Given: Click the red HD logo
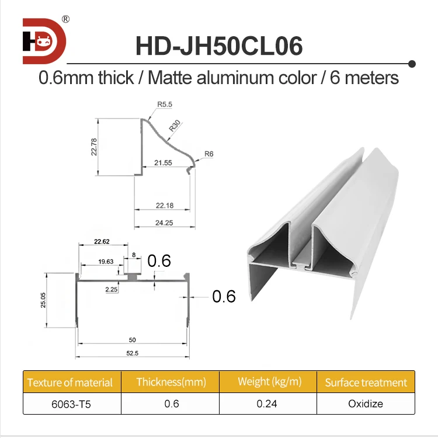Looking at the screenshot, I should click(44, 41).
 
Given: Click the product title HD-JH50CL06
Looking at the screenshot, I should click(219, 46).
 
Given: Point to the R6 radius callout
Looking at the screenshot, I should click(209, 154).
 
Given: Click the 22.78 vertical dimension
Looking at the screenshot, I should click(93, 147).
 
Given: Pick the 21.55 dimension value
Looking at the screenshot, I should click(163, 163).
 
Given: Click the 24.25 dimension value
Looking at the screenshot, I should click(163, 223).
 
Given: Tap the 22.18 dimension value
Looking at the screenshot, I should click(163, 204).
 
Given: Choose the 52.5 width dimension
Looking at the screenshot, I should click(133, 353).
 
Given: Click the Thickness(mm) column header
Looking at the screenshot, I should click(171, 383).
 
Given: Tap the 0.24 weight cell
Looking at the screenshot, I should click(268, 404).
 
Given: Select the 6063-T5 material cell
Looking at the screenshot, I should click(71, 404).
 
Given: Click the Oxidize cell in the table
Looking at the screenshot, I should click(366, 404).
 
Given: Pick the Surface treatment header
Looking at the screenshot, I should click(366, 383).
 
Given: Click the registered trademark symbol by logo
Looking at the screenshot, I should click(65, 19).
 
